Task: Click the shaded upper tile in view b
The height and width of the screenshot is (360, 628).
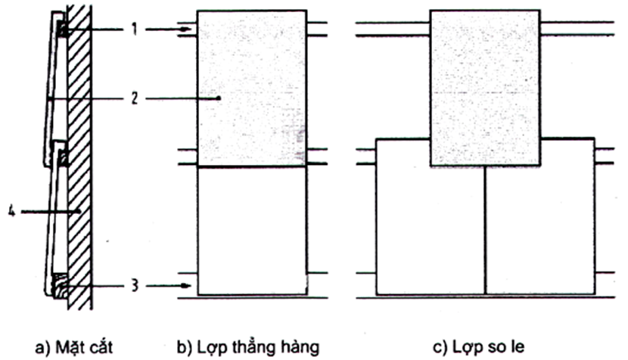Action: click(251, 87)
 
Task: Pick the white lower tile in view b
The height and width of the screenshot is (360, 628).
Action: click(251, 230)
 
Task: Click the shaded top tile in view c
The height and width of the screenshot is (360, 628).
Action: click(485, 87)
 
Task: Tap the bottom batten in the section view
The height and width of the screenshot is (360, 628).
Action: click(61, 285)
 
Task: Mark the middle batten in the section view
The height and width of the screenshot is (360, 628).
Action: click(63, 158)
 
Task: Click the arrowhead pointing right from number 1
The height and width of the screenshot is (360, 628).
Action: click(187, 29)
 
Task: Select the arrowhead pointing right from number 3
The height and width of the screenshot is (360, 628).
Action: click(187, 286)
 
